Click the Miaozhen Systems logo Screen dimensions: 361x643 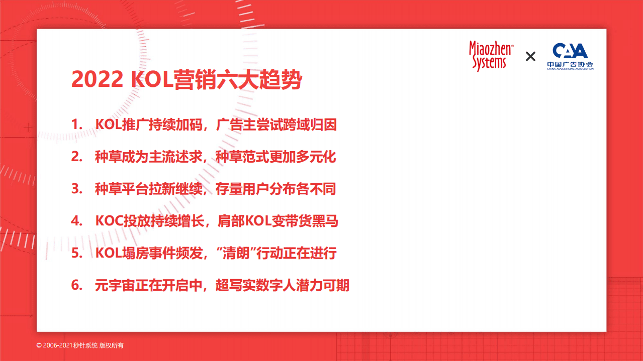491,56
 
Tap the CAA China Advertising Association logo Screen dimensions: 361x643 570,56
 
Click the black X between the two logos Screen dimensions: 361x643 530,56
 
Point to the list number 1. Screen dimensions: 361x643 76,125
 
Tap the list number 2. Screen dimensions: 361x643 76,157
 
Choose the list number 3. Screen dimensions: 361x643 76,189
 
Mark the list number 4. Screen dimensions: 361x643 76,221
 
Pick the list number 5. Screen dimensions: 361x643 76,253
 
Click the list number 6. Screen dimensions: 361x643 76,285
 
